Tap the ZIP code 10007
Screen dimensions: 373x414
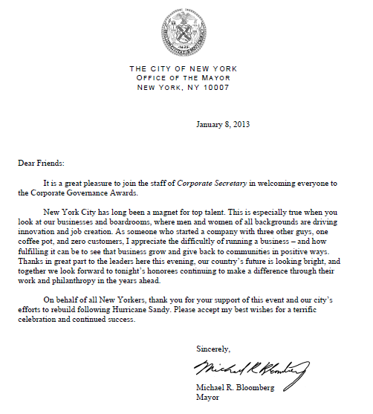(215, 87)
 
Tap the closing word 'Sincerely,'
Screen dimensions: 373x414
(213, 349)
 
